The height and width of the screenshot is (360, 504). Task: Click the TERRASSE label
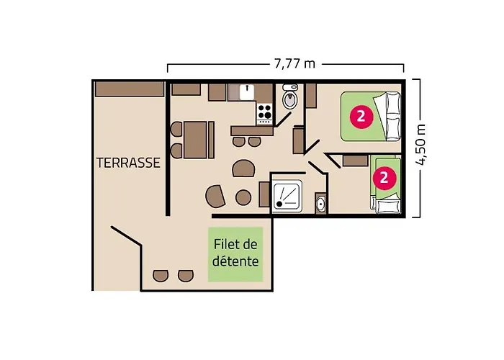coord(128,163)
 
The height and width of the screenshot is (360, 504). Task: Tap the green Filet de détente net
coord(235,254)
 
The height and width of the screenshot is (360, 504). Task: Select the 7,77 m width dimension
coord(294,63)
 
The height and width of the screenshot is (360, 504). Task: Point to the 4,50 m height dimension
coord(420,144)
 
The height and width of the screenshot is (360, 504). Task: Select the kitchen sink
coord(247,92)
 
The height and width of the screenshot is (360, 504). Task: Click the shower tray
coord(287,196)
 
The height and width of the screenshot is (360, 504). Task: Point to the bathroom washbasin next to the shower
coord(320,204)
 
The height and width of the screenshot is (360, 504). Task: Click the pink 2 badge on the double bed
coord(361,116)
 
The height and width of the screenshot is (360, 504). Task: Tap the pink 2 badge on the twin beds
coord(384,177)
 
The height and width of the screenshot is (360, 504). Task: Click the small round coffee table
coord(243,197)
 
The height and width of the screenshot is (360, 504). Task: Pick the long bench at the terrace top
coord(130,89)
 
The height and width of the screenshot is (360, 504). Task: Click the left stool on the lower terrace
coord(161,276)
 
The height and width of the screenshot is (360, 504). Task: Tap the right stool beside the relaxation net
coord(186,276)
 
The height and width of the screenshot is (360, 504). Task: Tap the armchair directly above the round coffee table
coord(244,168)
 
